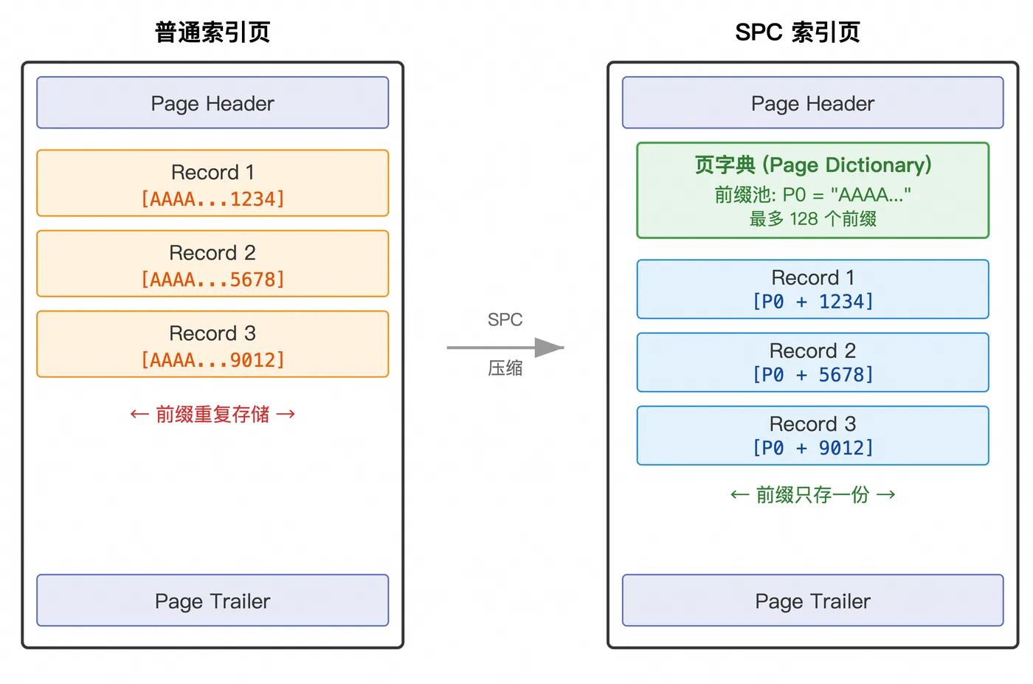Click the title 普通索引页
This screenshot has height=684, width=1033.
[213, 32]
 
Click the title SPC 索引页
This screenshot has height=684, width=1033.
[798, 32]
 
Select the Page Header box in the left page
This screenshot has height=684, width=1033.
[213, 103]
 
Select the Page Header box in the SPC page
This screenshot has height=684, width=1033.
[812, 103]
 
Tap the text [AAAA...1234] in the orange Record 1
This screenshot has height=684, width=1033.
[213, 199]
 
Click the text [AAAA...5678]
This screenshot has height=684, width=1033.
[213, 280]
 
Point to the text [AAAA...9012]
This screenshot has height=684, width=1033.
[213, 360]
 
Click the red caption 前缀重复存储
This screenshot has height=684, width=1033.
[213, 414]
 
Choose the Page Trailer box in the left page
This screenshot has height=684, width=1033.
[213, 600]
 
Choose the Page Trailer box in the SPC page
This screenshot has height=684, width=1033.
[812, 600]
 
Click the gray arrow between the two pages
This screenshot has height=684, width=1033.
[505, 348]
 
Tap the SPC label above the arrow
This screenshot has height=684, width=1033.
[505, 319]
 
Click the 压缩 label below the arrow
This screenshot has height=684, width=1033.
[505, 368]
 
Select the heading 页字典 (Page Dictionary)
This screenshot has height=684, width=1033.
[812, 165]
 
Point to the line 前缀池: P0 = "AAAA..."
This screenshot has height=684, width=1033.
[812, 195]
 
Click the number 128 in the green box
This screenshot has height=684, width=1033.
[804, 218]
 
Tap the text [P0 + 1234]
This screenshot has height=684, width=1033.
[812, 302]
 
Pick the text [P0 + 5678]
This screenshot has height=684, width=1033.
[812, 375]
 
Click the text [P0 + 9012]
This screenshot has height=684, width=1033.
[812, 448]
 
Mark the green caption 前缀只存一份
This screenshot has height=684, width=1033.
[812, 495]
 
